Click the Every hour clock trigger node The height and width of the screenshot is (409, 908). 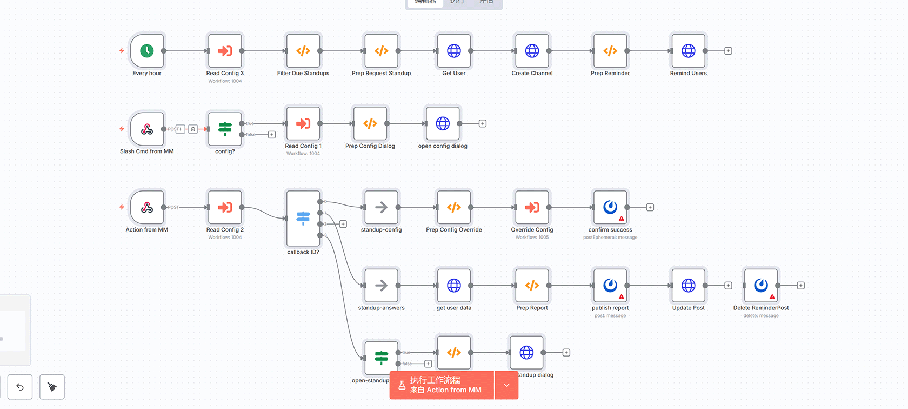coord(147,51)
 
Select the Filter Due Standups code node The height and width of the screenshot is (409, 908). coord(303,51)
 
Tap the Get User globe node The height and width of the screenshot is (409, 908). coord(454,51)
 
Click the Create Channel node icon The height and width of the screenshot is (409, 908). coord(532,51)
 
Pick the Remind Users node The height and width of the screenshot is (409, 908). coord(689,51)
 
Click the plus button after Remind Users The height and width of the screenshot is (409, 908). coord(729,51)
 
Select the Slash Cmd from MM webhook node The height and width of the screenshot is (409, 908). coord(147,129)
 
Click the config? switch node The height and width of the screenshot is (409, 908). coord(225,129)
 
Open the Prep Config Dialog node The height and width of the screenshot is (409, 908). coord(370,123)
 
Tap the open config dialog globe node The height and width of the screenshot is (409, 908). coord(443,123)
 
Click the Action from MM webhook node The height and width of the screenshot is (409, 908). coord(147,207)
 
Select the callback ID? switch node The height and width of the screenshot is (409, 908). coord(303,218)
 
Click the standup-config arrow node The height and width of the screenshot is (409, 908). coord(382,207)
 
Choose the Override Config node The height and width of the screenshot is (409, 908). coord(532,207)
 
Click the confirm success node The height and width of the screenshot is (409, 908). coord(610,207)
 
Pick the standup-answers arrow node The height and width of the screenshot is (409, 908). coord(382,285)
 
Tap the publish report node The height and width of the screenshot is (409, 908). coord(610,285)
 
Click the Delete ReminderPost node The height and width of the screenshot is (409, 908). coord(761,285)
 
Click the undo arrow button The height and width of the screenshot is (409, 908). coord(20,387)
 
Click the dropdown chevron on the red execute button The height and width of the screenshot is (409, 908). coord(506,385)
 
